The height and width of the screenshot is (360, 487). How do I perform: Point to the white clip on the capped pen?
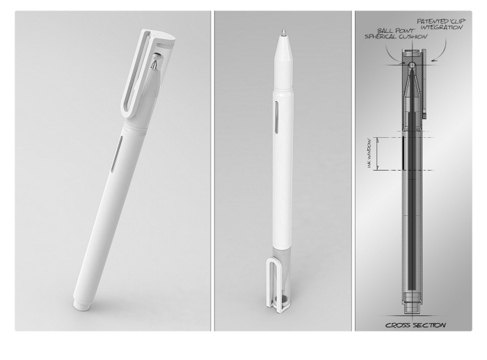click(x=138, y=77)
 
